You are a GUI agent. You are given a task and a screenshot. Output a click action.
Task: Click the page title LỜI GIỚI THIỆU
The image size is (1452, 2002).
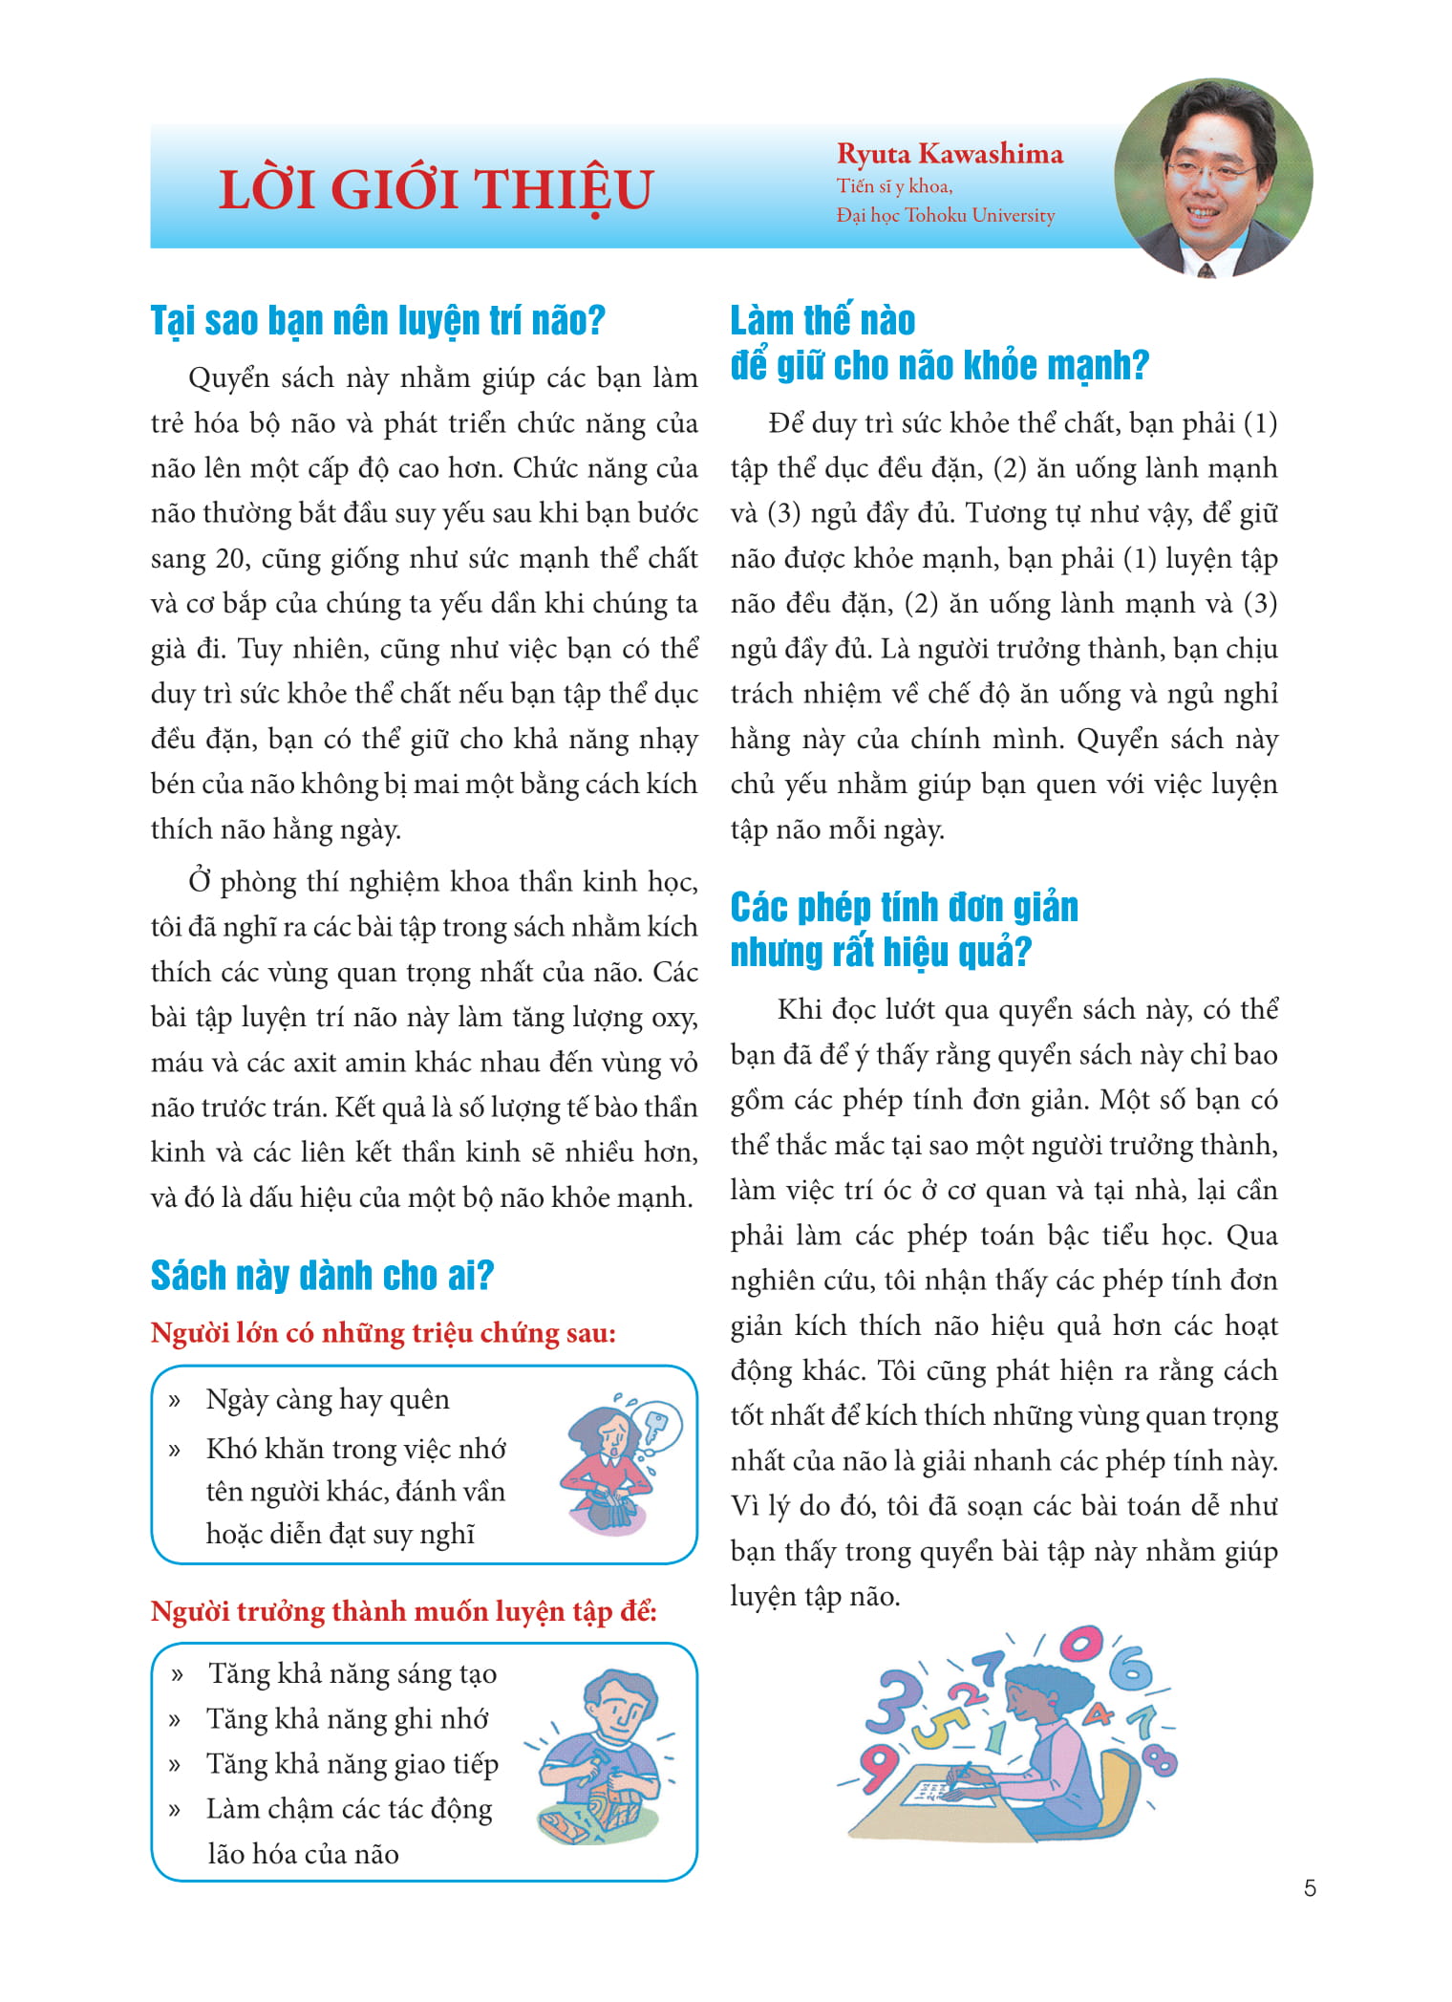[x=436, y=189]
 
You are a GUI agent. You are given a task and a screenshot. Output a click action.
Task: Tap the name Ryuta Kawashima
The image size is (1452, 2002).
[x=950, y=154]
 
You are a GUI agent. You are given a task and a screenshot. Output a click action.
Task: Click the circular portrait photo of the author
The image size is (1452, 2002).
[x=1213, y=179]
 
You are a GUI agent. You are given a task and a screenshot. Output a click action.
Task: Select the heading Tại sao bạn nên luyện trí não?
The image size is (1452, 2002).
[x=378, y=320]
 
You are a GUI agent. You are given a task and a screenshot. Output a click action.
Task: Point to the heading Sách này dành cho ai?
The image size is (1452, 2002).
[x=322, y=1276]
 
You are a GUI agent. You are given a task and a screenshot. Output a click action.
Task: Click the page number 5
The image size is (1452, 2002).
[x=1310, y=1888]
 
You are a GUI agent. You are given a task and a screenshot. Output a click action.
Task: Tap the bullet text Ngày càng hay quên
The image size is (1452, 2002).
[x=328, y=1400]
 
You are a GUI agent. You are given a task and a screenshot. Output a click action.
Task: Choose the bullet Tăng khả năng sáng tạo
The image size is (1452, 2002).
[x=352, y=1674]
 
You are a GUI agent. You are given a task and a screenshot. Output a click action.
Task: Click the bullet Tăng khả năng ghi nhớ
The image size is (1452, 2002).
[x=348, y=1719]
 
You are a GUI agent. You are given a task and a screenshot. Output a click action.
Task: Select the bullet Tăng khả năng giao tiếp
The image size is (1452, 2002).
[x=352, y=1764]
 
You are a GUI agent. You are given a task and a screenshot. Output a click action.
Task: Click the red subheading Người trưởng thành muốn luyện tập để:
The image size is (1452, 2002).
[x=404, y=1612]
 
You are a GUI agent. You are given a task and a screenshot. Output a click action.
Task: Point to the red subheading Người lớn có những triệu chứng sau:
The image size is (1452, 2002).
[x=383, y=1333]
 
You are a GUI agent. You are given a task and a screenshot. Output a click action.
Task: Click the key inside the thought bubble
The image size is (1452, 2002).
[x=656, y=1428]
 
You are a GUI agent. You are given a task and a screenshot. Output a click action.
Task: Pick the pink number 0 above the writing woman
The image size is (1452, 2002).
[x=1080, y=1644]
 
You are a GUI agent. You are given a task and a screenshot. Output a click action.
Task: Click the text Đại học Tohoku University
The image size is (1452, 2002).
[x=946, y=216]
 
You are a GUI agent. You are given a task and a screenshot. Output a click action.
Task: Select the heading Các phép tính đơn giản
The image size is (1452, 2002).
[x=904, y=907]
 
